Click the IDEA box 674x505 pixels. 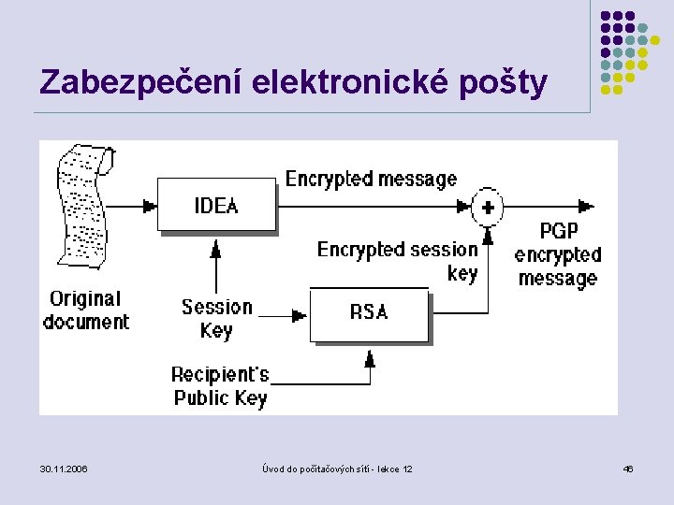click(216, 205)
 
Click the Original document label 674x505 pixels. click(86, 310)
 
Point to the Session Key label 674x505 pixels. click(217, 318)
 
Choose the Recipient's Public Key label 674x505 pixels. click(220, 386)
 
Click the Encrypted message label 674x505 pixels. click(371, 179)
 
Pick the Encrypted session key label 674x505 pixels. click(399, 261)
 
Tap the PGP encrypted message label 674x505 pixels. click(558, 254)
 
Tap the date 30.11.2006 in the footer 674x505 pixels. click(65, 469)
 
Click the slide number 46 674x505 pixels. click(628, 469)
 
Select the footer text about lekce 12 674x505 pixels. click(337, 469)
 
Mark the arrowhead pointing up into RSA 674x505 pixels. click(370, 357)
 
